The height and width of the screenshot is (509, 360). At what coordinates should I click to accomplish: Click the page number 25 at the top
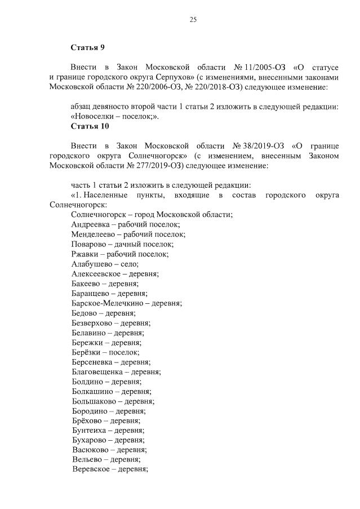[193, 20]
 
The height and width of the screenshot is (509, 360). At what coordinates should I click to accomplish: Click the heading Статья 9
[88, 46]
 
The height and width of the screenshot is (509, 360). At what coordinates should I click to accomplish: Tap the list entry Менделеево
[93, 234]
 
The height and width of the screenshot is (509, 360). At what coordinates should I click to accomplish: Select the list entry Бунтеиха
[90, 431]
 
